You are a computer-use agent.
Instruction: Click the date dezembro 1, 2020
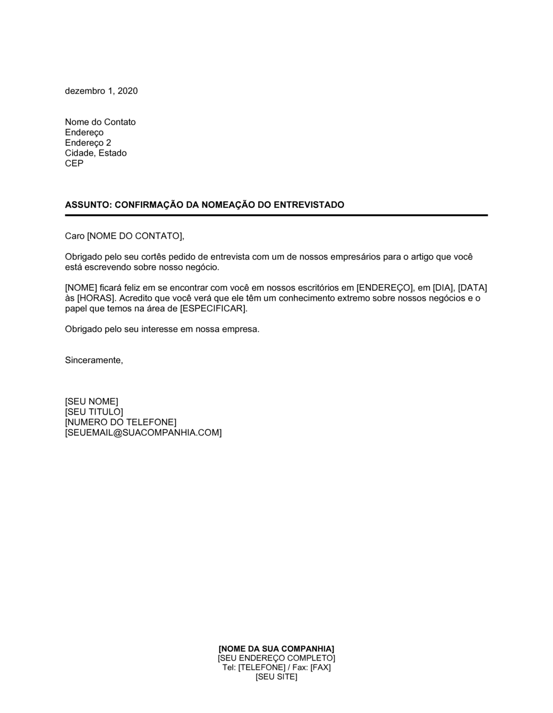click(101, 91)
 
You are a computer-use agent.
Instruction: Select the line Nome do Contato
click(100, 122)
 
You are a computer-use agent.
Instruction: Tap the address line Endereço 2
click(88, 143)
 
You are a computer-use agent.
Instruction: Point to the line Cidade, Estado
click(96, 153)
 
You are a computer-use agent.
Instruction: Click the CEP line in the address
click(74, 164)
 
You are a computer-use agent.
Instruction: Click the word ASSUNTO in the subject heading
click(87, 205)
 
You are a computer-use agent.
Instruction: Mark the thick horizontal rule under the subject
click(276, 215)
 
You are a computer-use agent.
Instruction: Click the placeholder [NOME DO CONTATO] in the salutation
click(134, 236)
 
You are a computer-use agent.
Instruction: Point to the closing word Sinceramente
click(93, 360)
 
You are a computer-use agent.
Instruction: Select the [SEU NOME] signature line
click(91, 401)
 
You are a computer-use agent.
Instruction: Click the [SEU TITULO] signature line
click(94, 412)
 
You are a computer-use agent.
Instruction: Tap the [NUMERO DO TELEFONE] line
click(121, 422)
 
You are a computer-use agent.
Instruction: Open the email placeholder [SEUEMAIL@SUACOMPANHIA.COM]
click(143, 432)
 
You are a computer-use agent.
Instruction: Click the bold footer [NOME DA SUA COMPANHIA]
click(276, 648)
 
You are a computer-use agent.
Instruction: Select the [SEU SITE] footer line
click(276, 677)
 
